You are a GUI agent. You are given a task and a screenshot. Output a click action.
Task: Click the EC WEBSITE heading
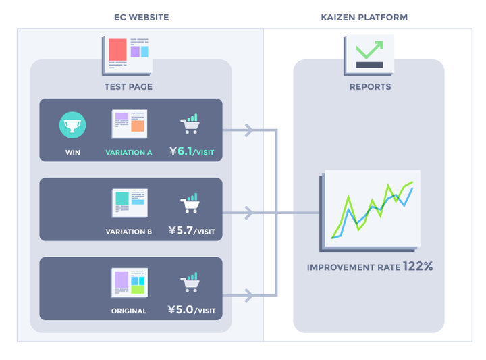pos(141,17)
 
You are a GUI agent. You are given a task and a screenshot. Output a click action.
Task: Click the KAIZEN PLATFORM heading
pos(364,17)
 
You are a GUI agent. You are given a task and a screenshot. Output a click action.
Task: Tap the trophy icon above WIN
pos(72,125)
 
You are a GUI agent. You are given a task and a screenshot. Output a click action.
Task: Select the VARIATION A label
pos(129,152)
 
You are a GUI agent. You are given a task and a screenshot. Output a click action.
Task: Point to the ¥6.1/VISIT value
pos(192,151)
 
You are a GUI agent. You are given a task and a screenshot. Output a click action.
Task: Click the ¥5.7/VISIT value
pos(192,231)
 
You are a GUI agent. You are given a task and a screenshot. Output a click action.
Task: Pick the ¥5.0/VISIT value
pos(192,310)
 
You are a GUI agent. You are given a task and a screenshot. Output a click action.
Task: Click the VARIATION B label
pos(129,232)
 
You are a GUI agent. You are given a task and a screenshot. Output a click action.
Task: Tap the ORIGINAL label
pos(129,311)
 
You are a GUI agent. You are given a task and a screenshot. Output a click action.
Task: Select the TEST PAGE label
pos(128,87)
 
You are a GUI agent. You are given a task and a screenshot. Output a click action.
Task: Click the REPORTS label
pos(370,87)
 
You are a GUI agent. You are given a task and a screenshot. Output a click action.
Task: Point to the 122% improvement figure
pos(418,266)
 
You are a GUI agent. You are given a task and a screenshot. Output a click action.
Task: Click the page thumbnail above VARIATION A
pos(129,124)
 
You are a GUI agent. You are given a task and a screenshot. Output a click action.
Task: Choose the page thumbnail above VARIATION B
pos(130,203)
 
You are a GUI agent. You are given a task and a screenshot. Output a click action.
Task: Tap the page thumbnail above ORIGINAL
pos(129,283)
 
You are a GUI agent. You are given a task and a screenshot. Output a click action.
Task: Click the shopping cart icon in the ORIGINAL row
pos(190,282)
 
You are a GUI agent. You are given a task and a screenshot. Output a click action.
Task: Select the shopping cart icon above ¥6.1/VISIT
pos(190,124)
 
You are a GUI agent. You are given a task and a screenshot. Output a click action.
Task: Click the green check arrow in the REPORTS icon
pos(370,49)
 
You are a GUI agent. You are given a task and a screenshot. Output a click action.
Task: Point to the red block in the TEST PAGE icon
pos(117,49)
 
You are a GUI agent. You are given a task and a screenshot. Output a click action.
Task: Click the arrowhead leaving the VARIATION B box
pos(249,213)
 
